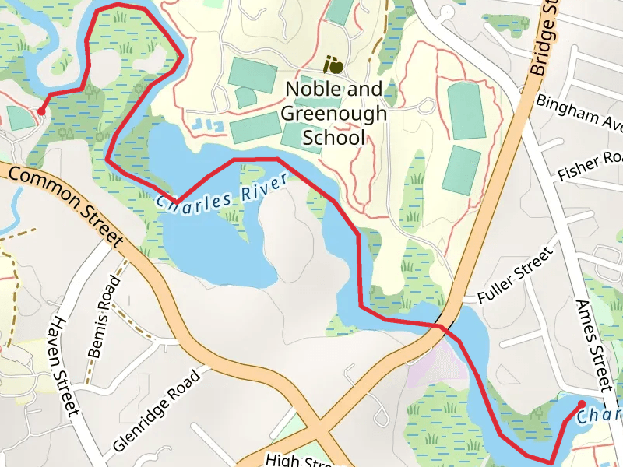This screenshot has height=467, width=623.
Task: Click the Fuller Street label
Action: [x=514, y=274]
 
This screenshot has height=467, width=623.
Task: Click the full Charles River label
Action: [x=222, y=191]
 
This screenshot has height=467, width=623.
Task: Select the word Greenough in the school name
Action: [x=333, y=114]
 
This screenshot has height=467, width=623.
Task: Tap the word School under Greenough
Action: [x=333, y=139]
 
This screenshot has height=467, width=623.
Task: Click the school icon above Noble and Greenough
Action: [x=333, y=63]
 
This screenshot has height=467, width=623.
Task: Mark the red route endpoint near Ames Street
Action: [x=581, y=403]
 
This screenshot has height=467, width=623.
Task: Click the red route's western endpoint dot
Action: [x=40, y=111]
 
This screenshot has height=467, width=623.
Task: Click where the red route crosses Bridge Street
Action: [x=441, y=327]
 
